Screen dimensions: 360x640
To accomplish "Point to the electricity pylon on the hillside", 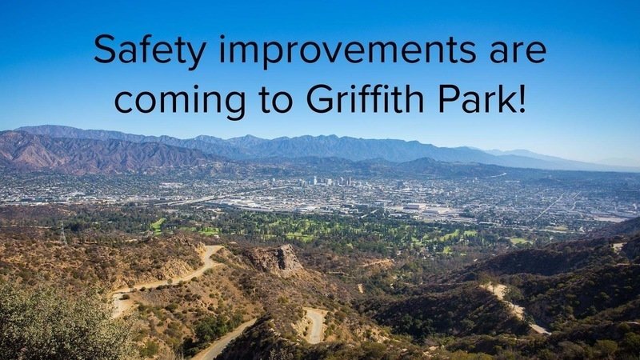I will point(63,233).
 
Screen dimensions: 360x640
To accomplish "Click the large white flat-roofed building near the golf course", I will point(414,206).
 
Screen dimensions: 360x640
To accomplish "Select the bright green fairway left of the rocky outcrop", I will point(158,225).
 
